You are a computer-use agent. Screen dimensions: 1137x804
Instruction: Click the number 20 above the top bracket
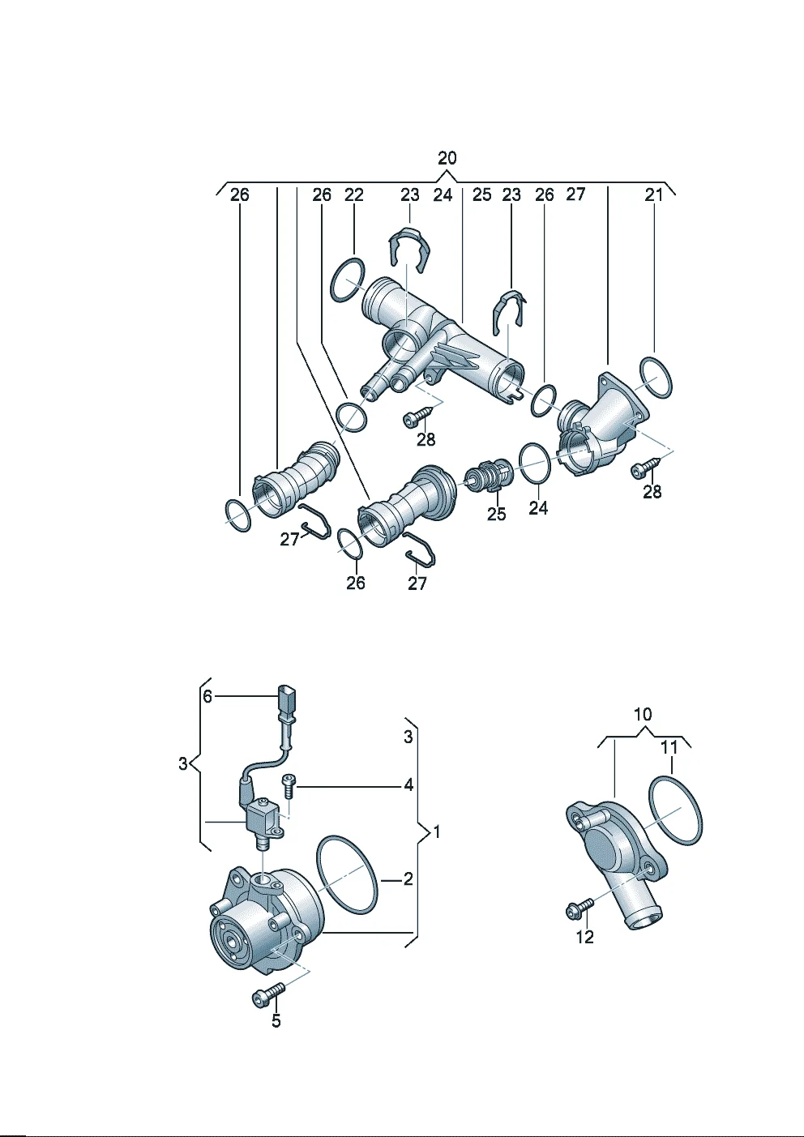click(x=447, y=157)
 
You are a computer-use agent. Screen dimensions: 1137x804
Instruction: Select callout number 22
click(x=353, y=194)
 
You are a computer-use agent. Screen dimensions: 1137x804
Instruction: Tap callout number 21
click(x=653, y=194)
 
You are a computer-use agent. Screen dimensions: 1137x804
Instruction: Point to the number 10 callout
click(x=642, y=715)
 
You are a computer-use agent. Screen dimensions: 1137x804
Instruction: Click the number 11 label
click(x=669, y=747)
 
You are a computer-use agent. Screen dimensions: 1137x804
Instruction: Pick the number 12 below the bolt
click(x=584, y=938)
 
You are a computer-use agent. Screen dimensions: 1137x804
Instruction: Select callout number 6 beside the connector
click(x=207, y=696)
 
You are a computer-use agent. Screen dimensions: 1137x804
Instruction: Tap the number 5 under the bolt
click(x=276, y=1021)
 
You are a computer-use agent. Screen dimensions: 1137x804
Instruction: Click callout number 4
click(x=408, y=785)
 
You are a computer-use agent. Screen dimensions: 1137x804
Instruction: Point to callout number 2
click(x=408, y=878)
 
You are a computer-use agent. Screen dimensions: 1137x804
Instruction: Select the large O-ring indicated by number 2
click(x=348, y=875)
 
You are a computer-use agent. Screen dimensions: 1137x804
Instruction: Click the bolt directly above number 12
click(x=579, y=908)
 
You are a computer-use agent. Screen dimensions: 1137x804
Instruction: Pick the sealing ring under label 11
click(x=675, y=810)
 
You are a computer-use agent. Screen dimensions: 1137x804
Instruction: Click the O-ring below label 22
click(x=348, y=280)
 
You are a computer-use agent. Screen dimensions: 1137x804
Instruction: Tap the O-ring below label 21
click(x=655, y=377)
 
